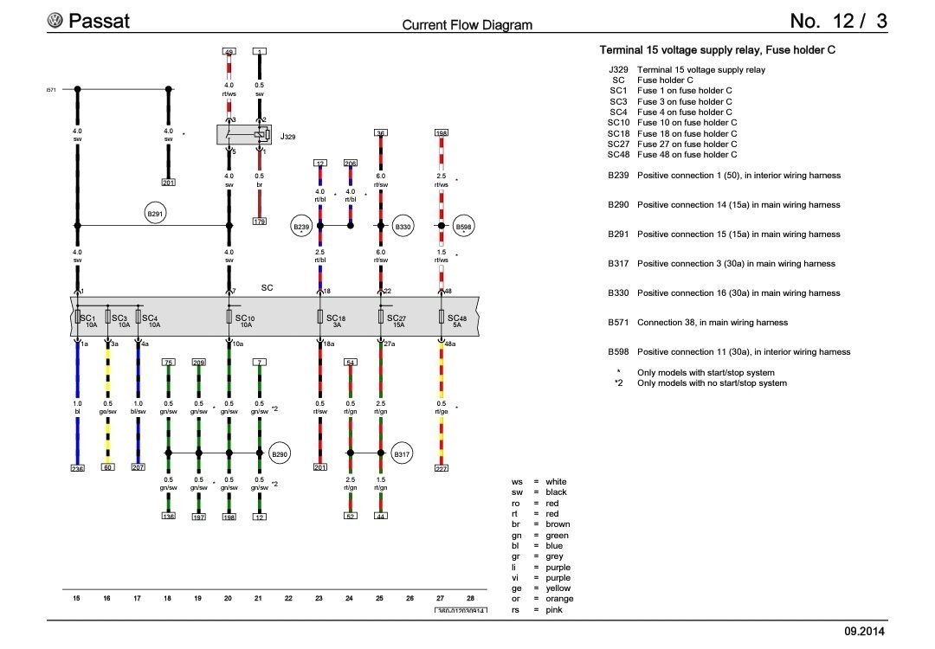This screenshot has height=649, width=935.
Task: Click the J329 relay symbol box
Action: (x=245, y=135)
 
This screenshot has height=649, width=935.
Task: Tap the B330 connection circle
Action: (x=403, y=226)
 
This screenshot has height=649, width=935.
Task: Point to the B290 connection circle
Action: (x=279, y=453)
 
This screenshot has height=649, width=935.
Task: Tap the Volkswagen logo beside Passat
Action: (x=56, y=21)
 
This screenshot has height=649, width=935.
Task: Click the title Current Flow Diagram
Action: (x=467, y=25)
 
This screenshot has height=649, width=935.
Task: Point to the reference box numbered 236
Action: (x=77, y=468)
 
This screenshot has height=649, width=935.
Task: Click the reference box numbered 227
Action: (x=442, y=468)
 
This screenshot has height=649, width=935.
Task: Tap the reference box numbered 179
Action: (x=259, y=222)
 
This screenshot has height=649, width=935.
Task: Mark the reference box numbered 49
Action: (x=229, y=52)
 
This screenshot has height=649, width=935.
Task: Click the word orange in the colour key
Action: (x=559, y=599)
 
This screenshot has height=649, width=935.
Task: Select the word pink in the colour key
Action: (x=554, y=609)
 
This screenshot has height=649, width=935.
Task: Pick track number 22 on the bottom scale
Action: (x=289, y=598)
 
